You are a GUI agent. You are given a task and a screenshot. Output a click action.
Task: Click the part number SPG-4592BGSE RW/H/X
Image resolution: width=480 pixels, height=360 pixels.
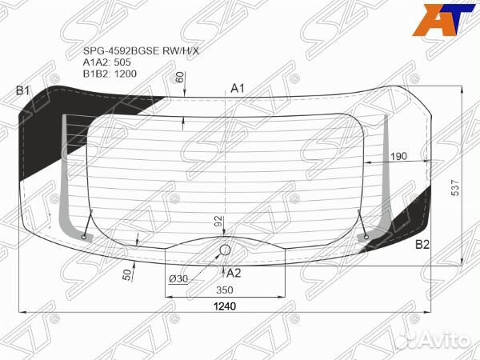pos(141,51)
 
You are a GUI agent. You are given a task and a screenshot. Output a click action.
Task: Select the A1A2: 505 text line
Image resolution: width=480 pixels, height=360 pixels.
pos(107,62)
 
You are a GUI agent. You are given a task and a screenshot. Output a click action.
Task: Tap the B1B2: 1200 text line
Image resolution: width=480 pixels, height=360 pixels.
pos(110,74)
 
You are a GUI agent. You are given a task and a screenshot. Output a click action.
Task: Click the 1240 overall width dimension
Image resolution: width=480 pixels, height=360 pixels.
pos(225,306)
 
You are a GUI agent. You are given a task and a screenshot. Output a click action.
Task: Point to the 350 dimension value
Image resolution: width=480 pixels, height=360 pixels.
pos(225,290)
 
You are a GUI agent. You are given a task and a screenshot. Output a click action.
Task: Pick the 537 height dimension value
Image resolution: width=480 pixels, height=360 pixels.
pos(455,188)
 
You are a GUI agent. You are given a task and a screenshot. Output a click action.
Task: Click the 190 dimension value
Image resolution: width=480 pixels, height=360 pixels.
pos(399,156)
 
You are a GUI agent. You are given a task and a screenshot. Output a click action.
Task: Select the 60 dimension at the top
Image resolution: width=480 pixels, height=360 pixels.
pos(180,77)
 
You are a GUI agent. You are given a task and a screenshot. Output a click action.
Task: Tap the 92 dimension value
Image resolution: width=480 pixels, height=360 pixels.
pos(218,222)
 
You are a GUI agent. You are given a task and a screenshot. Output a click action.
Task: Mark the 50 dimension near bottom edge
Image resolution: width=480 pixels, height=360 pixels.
pos(126,274)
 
